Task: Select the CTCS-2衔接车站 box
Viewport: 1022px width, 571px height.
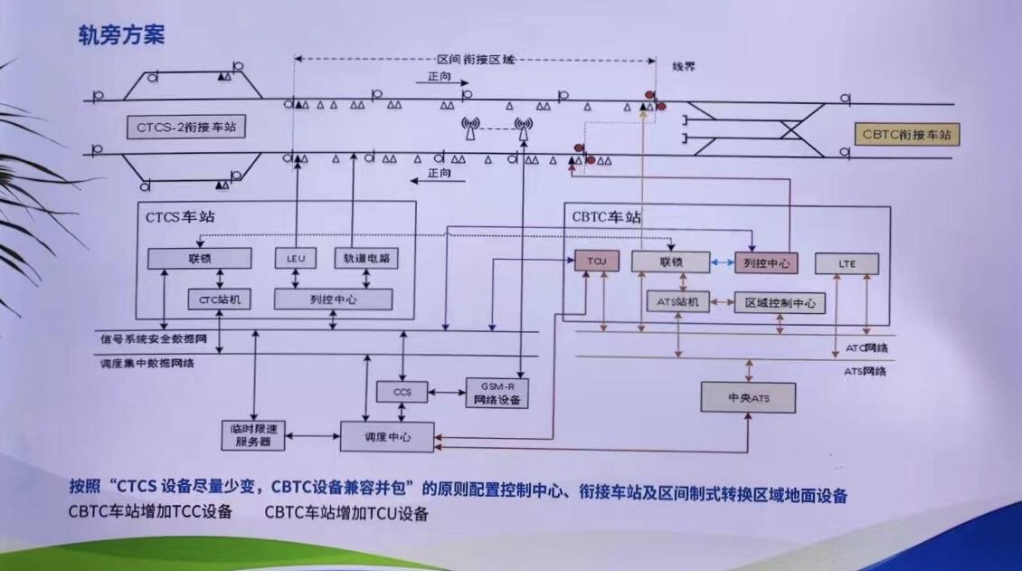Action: pos(188,128)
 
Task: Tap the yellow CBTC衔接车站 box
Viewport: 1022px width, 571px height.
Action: pos(906,135)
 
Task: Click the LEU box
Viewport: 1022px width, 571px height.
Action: pos(296,259)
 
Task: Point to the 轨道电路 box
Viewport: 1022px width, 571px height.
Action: pos(367,259)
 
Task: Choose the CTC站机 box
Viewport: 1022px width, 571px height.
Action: pos(219,299)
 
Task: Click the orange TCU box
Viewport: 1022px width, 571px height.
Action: pos(596,262)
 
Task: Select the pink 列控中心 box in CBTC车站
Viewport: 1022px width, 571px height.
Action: pos(767,263)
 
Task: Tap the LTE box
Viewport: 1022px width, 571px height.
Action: pos(847,263)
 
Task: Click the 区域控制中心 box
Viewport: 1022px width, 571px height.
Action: pos(779,303)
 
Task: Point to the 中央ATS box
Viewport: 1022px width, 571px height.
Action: pos(749,397)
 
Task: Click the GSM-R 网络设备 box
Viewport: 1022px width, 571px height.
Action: pos(497,392)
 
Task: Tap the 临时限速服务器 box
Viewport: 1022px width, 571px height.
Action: pos(254,435)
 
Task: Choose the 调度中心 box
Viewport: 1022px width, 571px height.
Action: pos(387,436)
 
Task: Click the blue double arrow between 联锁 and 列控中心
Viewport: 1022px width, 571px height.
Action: pos(722,263)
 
